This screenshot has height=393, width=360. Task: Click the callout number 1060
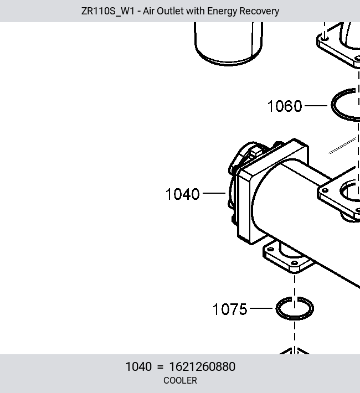coord(285,106)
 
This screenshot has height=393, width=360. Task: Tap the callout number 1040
coord(182,194)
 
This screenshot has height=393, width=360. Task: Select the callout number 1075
coord(230,309)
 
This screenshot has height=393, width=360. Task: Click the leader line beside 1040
coord(214,193)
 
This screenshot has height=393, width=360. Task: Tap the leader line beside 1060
coord(316,106)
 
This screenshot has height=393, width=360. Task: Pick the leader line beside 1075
coord(261,308)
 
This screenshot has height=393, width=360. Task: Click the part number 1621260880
coord(202,366)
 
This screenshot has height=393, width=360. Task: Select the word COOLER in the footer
coord(180,380)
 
